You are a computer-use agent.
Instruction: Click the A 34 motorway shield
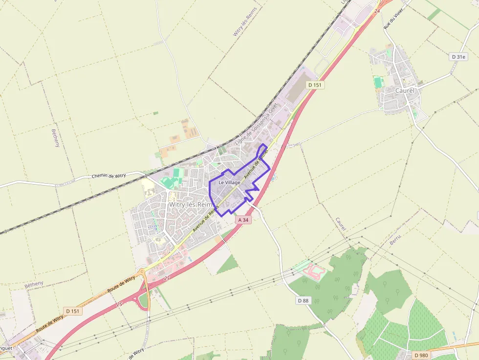tap(243, 220)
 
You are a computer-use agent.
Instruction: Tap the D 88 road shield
tap(304, 300)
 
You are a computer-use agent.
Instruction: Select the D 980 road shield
tap(421, 355)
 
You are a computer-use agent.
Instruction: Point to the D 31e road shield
tap(458, 57)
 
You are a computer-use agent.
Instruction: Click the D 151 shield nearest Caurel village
tap(316, 85)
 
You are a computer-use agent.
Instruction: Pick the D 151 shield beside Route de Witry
tap(73, 311)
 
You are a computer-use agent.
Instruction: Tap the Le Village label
tap(229, 182)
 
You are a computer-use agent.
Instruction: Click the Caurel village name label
tap(405, 91)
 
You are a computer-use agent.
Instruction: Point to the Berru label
tap(395, 240)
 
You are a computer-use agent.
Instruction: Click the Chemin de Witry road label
tap(109, 175)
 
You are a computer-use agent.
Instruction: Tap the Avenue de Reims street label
tap(205, 218)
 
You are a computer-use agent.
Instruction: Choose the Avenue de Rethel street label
tap(257, 163)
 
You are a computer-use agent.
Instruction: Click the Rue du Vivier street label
tap(390, 18)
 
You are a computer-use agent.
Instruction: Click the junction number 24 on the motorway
tap(377, 11)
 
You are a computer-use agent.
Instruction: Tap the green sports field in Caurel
tap(378, 82)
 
